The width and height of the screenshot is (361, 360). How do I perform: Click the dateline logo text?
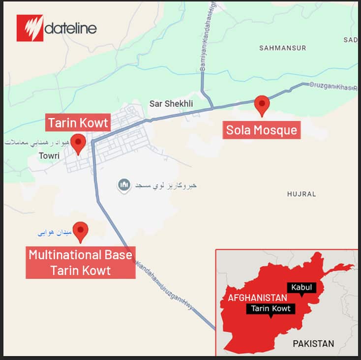70,28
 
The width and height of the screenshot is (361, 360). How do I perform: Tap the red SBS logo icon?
30,28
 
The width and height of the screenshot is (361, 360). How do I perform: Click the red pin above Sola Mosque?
262,105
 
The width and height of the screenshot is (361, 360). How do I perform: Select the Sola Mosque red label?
261,130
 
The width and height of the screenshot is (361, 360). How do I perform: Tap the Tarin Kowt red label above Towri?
78,122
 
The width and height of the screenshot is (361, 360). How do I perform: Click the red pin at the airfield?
80,231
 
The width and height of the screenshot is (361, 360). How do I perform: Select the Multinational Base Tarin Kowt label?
80,263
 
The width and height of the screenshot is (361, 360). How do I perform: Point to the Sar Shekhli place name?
171,104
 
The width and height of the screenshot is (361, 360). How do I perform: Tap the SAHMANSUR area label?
282,48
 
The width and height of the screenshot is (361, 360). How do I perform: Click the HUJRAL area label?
301,194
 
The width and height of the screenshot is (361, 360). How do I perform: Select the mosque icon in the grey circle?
124,185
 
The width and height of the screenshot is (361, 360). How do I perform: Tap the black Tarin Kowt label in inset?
271,309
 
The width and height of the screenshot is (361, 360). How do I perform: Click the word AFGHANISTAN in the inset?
257,298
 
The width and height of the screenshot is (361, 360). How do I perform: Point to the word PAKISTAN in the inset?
313,344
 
